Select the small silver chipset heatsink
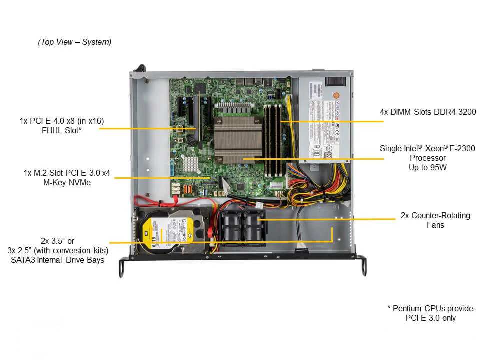pyautogui.click(x=190, y=163)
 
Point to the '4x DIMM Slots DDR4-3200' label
pyautogui.click(x=428, y=112)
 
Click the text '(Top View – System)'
pyautogui.click(x=75, y=42)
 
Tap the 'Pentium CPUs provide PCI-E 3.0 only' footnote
pyautogui.click(x=430, y=313)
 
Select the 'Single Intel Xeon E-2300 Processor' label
pyautogui.click(x=428, y=158)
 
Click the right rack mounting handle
pyautogui.click(x=362, y=266)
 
